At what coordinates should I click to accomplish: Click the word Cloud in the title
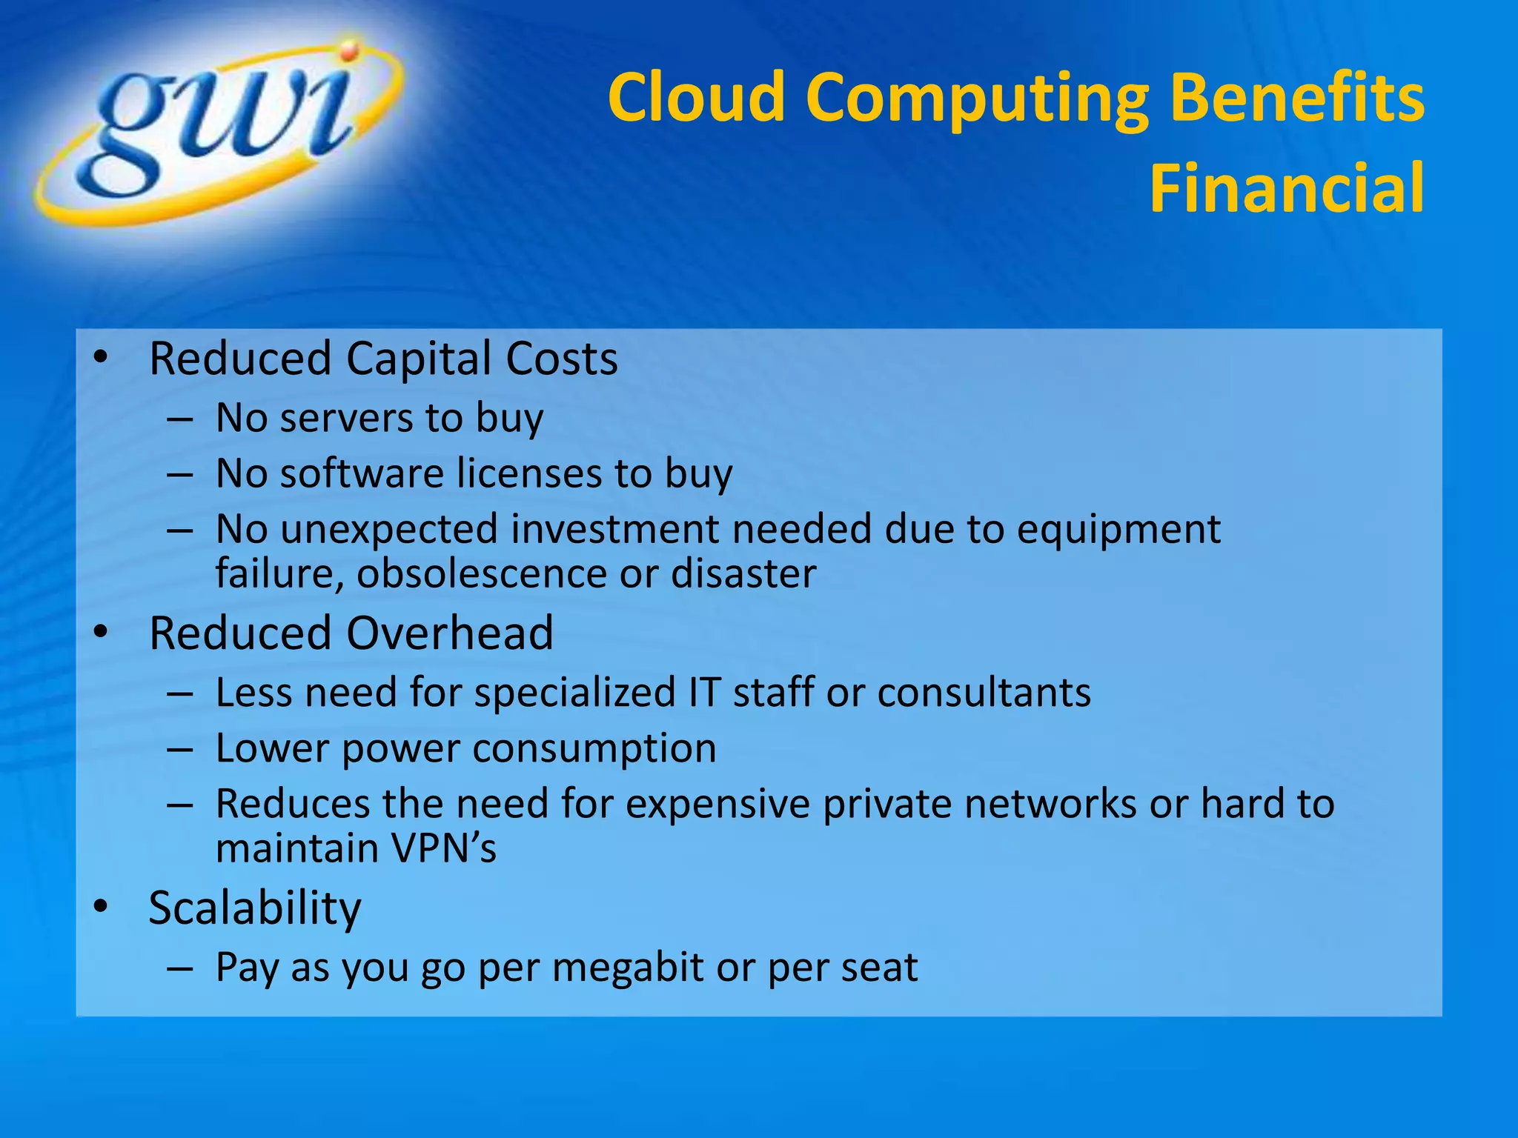(696, 97)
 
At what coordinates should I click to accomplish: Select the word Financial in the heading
(1287, 188)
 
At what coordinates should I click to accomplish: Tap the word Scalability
(255, 908)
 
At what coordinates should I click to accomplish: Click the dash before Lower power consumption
(180, 749)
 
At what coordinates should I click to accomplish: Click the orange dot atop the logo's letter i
(349, 51)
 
